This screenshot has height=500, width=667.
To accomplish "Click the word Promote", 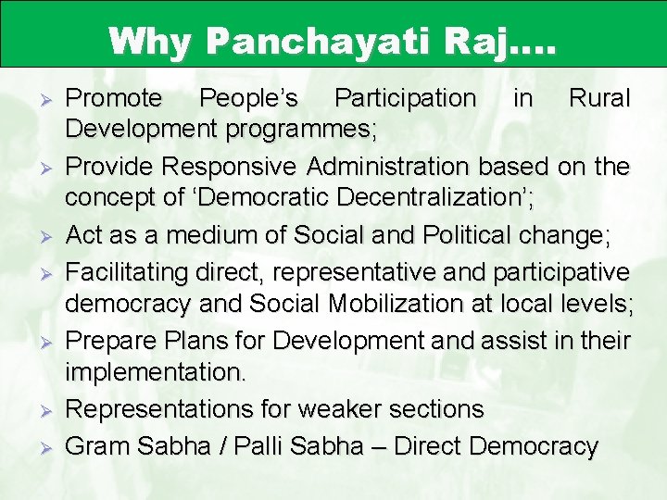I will click(115, 98).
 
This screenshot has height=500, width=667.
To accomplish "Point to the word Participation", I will click(405, 98).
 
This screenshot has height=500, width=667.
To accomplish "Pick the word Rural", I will click(598, 98).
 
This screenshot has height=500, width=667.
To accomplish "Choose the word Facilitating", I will click(127, 271).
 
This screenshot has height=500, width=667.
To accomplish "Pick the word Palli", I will click(260, 445).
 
